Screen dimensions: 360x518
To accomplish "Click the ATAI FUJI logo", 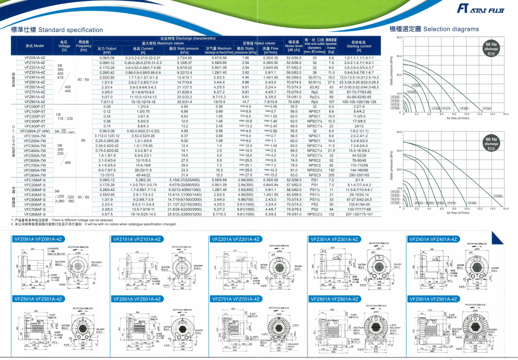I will [x=483, y=8].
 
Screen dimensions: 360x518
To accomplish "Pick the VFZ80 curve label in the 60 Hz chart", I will [x=463, y=203].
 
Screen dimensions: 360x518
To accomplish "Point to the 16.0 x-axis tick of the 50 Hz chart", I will [x=506, y=113].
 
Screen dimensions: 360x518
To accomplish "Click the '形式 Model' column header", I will [x=34, y=46].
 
